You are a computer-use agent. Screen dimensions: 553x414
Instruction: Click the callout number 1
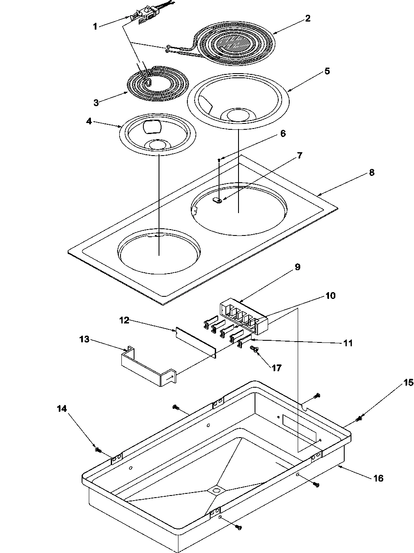[95, 26]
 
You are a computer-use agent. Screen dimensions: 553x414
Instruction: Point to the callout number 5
[327, 71]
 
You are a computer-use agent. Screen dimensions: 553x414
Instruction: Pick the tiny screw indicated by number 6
[219, 159]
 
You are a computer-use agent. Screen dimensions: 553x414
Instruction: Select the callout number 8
[371, 172]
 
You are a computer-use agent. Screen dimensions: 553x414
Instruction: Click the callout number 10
[330, 296]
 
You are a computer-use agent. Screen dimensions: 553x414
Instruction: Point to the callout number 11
[348, 343]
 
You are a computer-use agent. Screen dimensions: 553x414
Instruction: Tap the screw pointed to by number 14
[97, 449]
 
